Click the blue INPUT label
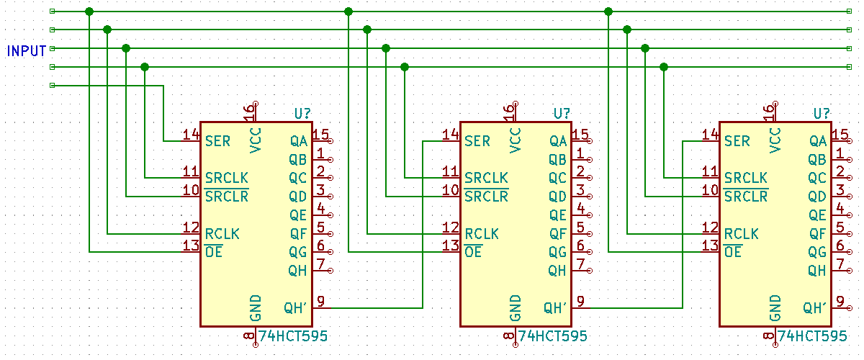(27, 51)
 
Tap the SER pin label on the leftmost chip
(218, 141)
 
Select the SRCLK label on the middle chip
(486, 178)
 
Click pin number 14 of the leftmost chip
(191, 135)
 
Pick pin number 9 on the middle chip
(580, 302)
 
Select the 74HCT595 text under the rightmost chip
(813, 336)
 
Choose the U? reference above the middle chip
(562, 114)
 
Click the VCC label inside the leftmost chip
(256, 140)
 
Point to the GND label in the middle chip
(516, 307)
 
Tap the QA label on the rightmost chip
(817, 141)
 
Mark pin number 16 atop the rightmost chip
(768, 112)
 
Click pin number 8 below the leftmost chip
(249, 336)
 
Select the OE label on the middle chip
(473, 253)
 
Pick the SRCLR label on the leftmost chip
(227, 197)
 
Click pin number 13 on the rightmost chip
(710, 246)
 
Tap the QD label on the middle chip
(558, 197)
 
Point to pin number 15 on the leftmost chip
(320, 135)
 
